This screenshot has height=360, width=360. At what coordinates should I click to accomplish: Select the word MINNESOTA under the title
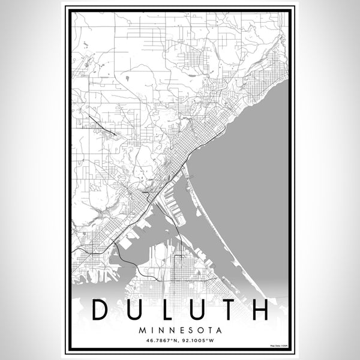coord(180,330)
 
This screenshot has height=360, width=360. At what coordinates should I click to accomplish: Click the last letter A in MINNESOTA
coord(218,330)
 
